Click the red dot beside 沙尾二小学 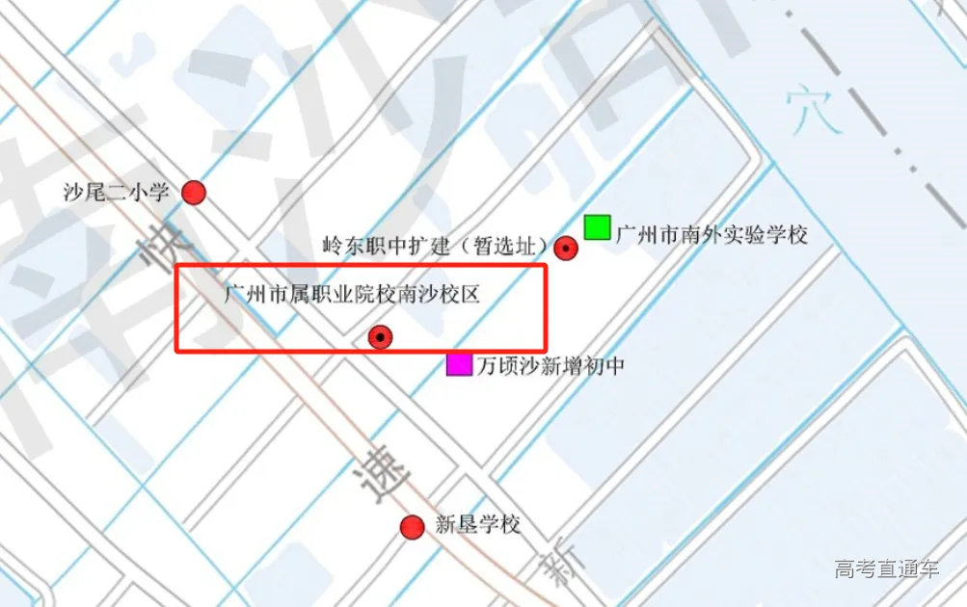pyautogui.click(x=194, y=193)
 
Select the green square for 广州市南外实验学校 pyautogui.click(x=597, y=227)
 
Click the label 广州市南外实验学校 pyautogui.click(x=712, y=234)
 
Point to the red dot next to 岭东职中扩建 pyautogui.click(x=567, y=248)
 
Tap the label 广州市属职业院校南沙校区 pyautogui.click(x=350, y=294)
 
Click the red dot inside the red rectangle pyautogui.click(x=382, y=336)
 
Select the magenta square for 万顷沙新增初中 pyautogui.click(x=459, y=364)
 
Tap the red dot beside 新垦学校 pyautogui.click(x=413, y=526)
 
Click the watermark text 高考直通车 pyautogui.click(x=886, y=568)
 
